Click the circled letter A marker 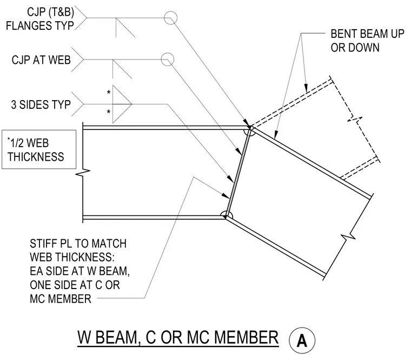(302, 341)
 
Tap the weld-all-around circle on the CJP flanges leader (170, 18)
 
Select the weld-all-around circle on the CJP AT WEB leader (167, 60)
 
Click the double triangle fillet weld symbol (122, 104)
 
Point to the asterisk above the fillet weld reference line (109, 93)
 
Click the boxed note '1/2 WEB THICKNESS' (39, 149)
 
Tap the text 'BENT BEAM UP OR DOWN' (367, 41)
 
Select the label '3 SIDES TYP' (41, 104)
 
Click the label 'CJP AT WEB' (41, 60)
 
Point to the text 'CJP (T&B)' (50, 12)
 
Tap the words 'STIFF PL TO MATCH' (78, 244)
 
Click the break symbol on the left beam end (83, 172)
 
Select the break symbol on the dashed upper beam (355, 120)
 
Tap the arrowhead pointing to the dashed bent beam (306, 88)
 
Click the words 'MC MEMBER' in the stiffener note (60, 299)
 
